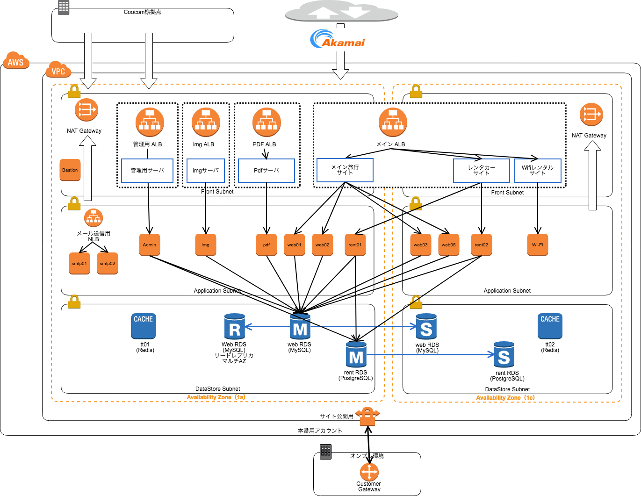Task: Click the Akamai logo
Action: pos(339,40)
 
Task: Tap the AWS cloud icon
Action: pos(16,61)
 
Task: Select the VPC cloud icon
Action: pos(58,70)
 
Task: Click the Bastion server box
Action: pos(70,170)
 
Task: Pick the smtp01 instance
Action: pos(79,264)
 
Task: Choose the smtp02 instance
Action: pos(108,264)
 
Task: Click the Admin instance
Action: pos(150,245)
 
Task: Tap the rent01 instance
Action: pos(355,245)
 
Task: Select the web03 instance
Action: pos(421,245)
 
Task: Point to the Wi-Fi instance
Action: pos(538,245)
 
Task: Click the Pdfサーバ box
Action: pos(266,171)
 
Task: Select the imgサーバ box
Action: pos(206,171)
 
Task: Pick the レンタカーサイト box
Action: pos(482,171)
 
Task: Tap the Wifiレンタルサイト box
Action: pos(538,171)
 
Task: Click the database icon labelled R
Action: pos(235,327)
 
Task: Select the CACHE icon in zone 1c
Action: pos(550,326)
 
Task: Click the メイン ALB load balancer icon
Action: pos(393,122)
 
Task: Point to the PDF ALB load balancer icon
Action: pos(266,122)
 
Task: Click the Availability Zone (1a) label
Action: pos(216,397)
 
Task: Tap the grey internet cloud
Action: pos(341,11)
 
